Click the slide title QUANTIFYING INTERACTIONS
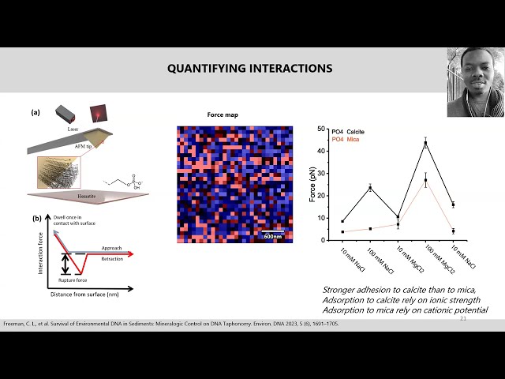coord(249,69)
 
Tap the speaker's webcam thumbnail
coord(475,82)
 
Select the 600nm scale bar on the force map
coord(272,235)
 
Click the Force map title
coord(223,114)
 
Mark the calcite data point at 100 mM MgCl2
coord(425,143)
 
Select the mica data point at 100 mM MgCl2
coord(425,181)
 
